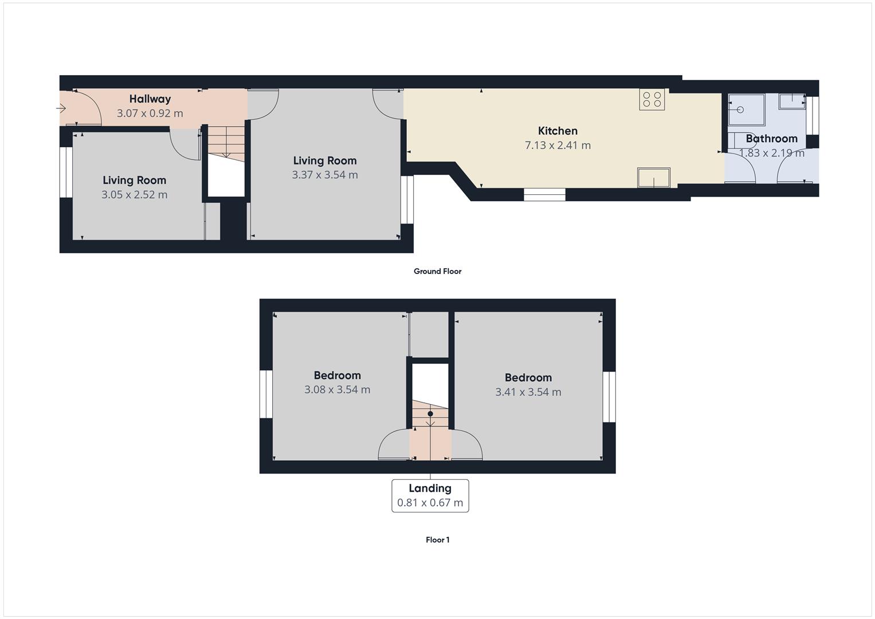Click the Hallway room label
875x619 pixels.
150,99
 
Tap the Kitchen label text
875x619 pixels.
558,131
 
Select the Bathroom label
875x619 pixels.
771,139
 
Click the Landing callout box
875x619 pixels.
430,496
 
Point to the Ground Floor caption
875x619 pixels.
438,271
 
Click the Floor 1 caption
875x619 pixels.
438,540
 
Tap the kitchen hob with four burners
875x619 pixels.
652,99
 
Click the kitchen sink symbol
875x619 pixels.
653,178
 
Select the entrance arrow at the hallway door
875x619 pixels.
61,108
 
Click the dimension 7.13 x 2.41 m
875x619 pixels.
558,146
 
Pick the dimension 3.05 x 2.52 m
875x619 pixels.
135,195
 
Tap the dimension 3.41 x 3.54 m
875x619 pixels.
528,392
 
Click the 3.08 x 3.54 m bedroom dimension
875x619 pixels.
337,390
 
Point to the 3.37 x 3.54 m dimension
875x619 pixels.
324,175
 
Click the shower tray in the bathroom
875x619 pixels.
746,110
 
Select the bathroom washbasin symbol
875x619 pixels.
792,101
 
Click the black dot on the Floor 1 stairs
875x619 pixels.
430,413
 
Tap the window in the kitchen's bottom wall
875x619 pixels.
544,195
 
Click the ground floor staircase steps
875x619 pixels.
226,143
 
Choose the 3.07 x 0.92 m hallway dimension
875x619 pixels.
150,113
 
